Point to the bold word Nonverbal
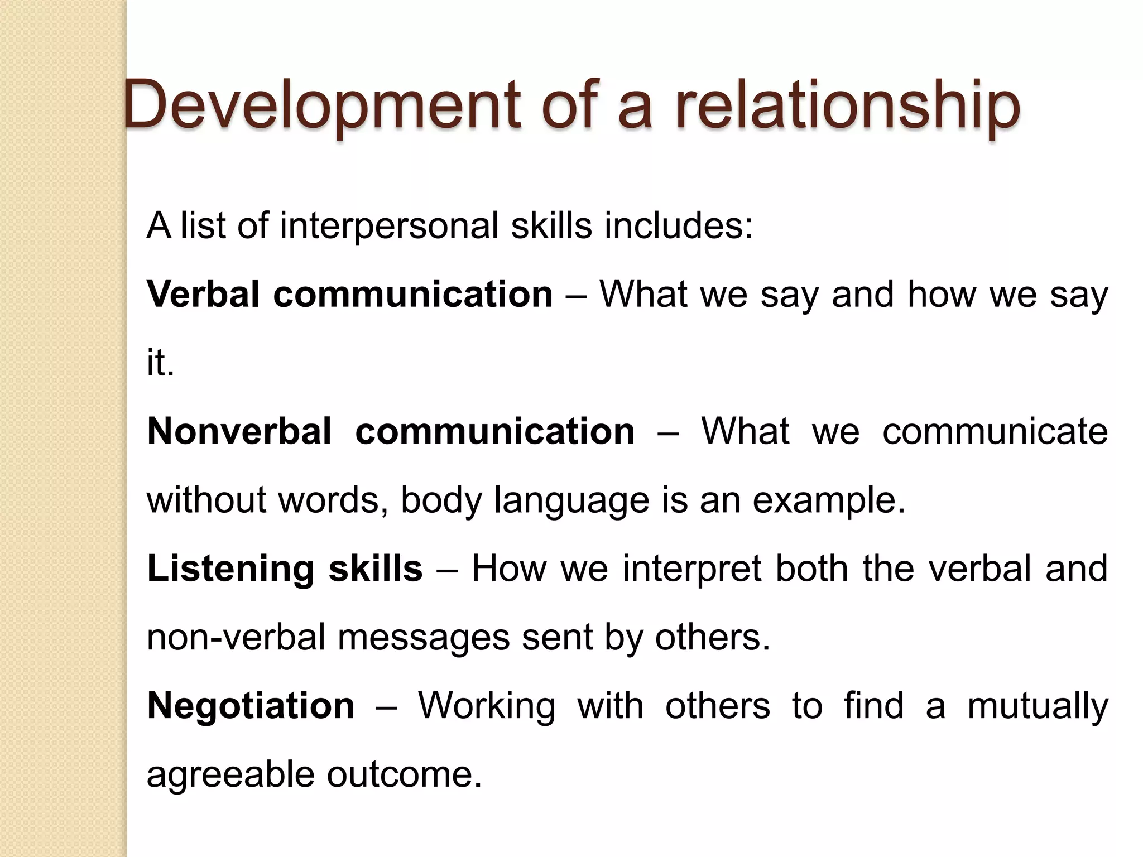coord(239,431)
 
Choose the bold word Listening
coord(231,569)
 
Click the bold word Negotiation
coord(251,706)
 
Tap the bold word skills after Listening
coord(375,569)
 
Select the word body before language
coord(441,500)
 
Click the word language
coord(571,500)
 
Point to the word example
coord(828,500)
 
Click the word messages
coord(424,637)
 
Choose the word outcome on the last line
coord(404,774)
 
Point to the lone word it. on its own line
coord(161,363)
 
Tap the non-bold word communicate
coord(995,431)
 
